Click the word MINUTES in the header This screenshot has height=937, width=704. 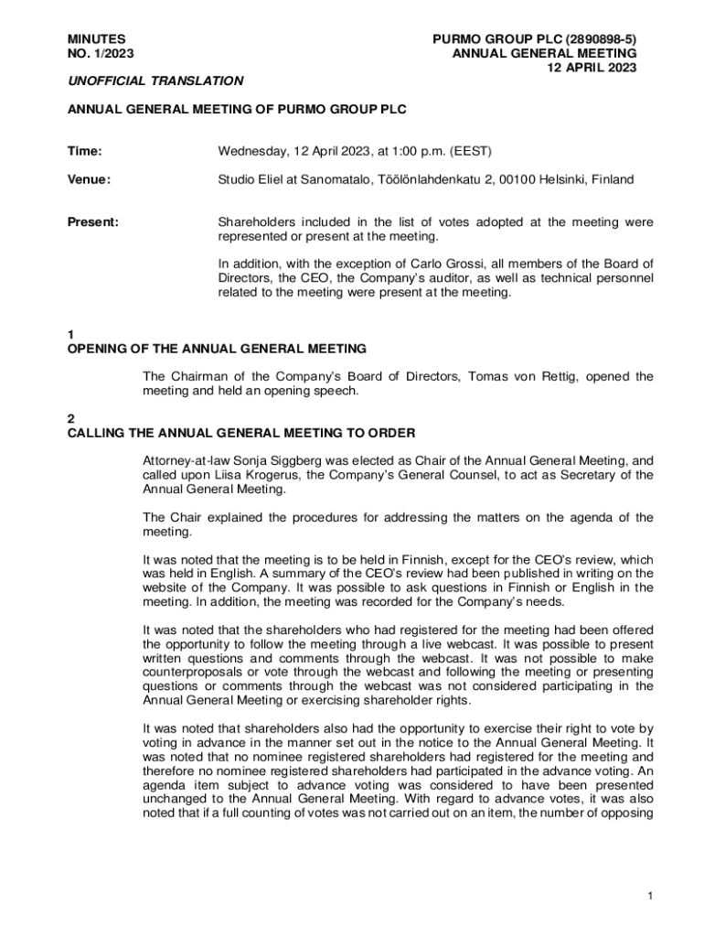(97, 39)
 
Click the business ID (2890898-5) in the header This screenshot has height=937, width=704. (601, 39)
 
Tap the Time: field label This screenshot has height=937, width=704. (85, 151)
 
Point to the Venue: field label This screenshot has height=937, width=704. (89, 179)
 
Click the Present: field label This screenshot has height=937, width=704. (93, 222)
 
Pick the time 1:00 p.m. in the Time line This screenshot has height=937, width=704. (415, 151)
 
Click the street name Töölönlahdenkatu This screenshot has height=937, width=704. (428, 179)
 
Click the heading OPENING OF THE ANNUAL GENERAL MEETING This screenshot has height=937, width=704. (217, 349)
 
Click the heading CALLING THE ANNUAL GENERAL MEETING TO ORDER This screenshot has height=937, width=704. (241, 433)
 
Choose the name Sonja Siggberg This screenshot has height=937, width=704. (268, 460)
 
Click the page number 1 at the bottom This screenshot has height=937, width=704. (649, 897)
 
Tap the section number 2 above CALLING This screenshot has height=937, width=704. (71, 418)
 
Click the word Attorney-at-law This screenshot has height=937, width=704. (183, 460)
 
